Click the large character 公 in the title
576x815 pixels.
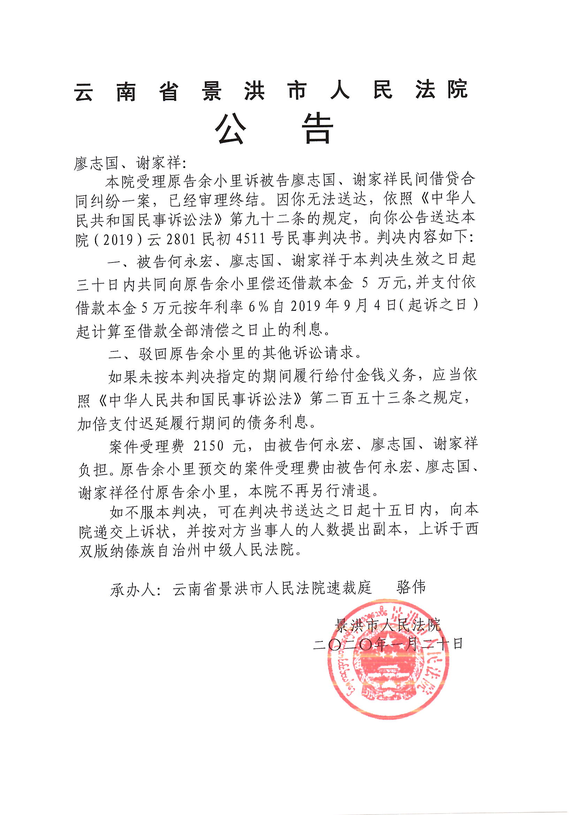click(231, 130)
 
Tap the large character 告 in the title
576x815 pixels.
click(320, 130)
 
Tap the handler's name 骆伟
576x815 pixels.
click(410, 587)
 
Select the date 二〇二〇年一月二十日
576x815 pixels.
click(388, 644)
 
